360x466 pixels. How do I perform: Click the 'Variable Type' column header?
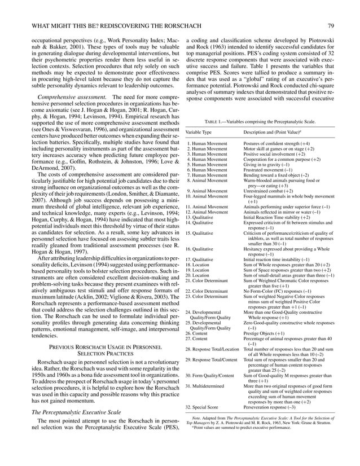click(x=201, y=131)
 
